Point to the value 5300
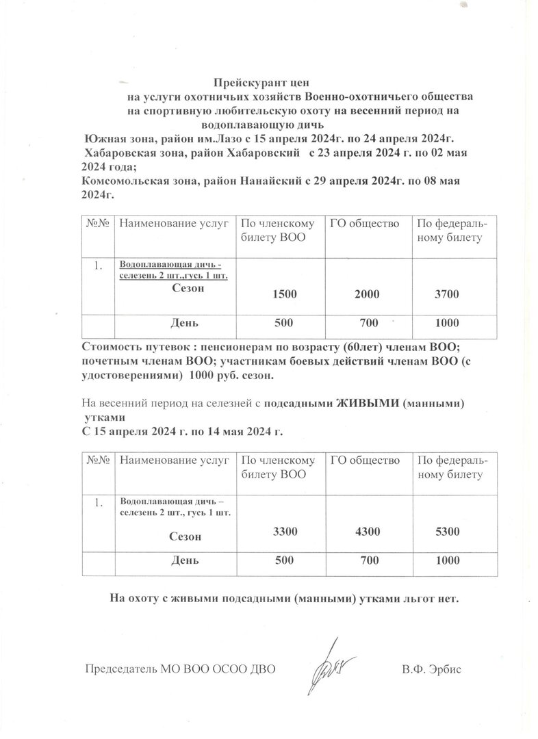[x=446, y=531]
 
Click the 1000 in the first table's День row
[x=446, y=322]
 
